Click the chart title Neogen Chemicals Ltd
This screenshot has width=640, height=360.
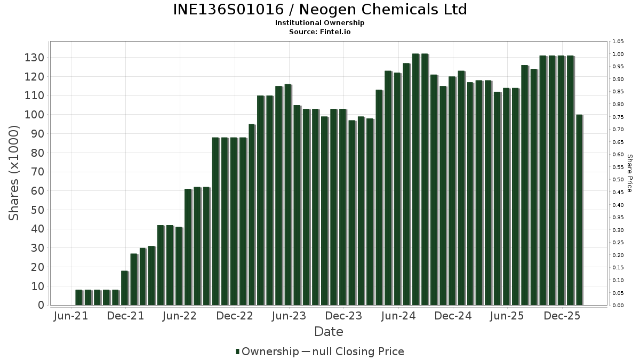click(x=320, y=10)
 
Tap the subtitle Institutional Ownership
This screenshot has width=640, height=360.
click(x=320, y=23)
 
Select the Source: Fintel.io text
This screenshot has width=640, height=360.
click(x=320, y=32)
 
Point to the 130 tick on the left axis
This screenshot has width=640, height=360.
click(x=34, y=58)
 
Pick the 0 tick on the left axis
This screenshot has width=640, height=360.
click(x=41, y=305)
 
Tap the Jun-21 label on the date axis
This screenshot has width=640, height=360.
click(x=71, y=316)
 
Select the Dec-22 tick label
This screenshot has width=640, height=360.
click(x=235, y=316)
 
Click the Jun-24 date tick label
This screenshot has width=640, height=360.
click(x=398, y=316)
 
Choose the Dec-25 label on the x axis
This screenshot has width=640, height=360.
click(x=562, y=316)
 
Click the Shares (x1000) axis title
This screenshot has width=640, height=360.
click(x=14, y=173)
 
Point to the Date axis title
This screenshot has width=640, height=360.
click(x=329, y=332)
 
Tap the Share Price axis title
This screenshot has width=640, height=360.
click(x=629, y=173)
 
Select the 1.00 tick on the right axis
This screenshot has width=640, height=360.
click(x=618, y=54)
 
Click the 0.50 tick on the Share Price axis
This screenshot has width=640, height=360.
click(x=618, y=180)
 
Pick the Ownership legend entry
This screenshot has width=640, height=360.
click(x=268, y=351)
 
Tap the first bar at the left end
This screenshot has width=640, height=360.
click(x=79, y=297)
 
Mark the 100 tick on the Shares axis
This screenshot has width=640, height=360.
click(x=34, y=115)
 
